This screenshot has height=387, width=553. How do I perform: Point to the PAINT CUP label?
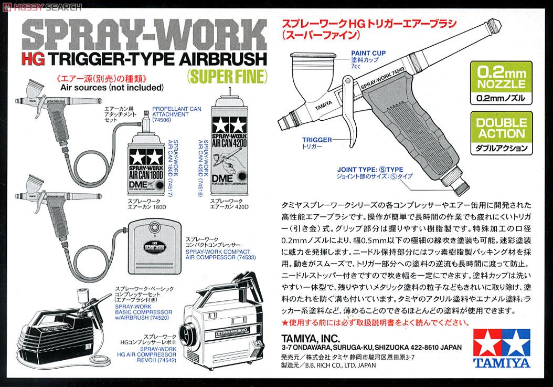(368, 53)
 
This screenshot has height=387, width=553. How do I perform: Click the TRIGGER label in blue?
(317, 140)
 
